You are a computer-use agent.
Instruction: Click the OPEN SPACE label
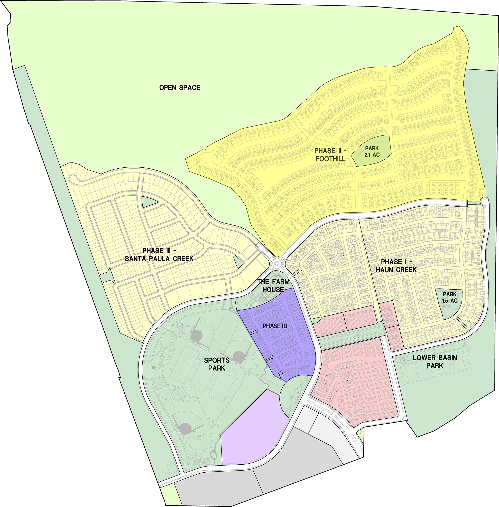[x=180, y=88]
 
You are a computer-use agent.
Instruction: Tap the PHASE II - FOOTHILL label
[x=330, y=155]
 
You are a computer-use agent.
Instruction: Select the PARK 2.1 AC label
[x=372, y=151]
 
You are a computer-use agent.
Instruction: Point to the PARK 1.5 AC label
[x=450, y=297]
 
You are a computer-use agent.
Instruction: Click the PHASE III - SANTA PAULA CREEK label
[x=159, y=255]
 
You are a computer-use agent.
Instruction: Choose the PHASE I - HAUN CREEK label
[x=396, y=265]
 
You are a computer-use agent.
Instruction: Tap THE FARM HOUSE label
[x=273, y=285]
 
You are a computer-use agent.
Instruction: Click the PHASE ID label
[x=275, y=326]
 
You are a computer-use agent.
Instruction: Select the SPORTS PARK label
[x=217, y=364]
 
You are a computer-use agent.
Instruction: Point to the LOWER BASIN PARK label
[x=435, y=361]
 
